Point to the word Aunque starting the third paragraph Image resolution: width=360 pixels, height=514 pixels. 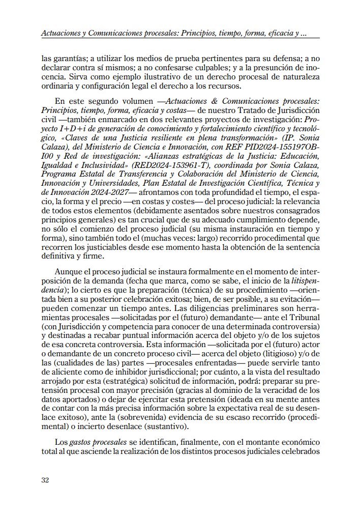click(70, 270)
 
